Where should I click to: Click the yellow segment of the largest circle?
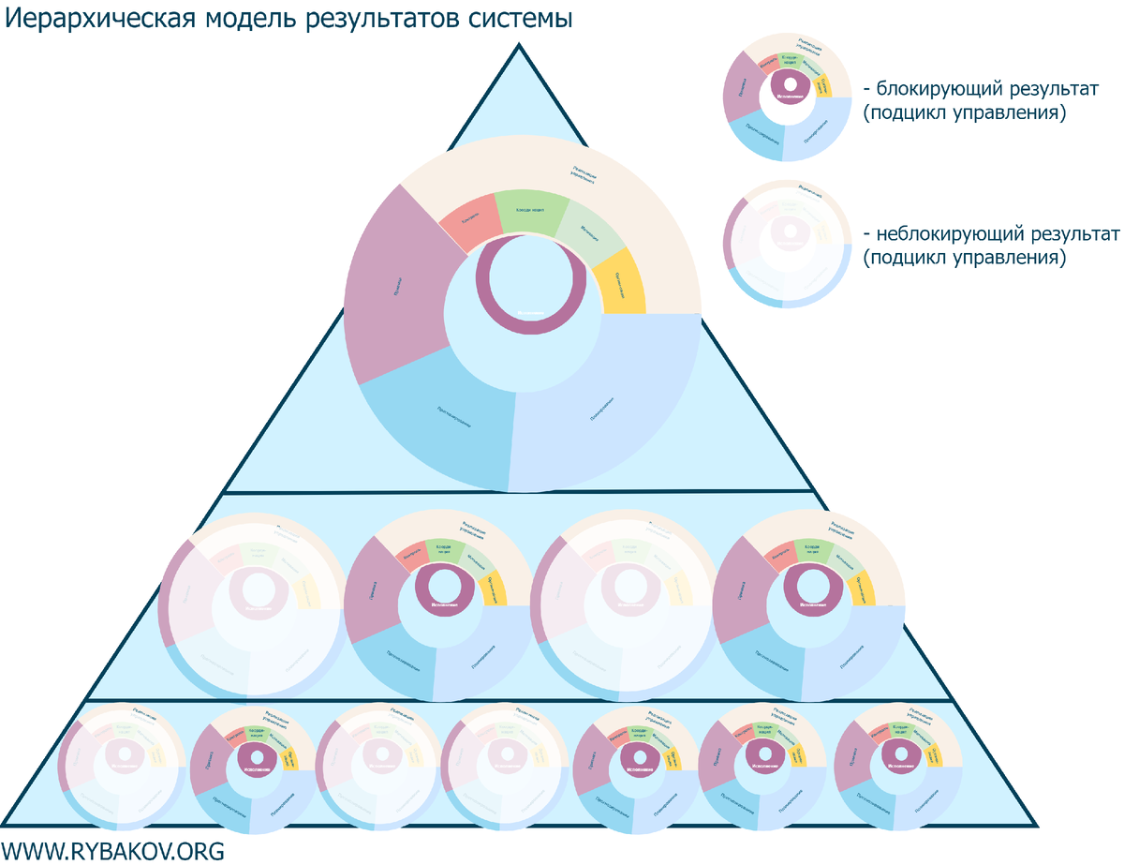(619, 287)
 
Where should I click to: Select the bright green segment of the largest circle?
(531, 210)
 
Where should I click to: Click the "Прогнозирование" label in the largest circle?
(453, 417)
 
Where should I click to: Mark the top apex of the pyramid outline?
(519, 45)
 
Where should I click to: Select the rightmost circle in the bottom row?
(897, 765)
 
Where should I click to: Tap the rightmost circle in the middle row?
(808, 604)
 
